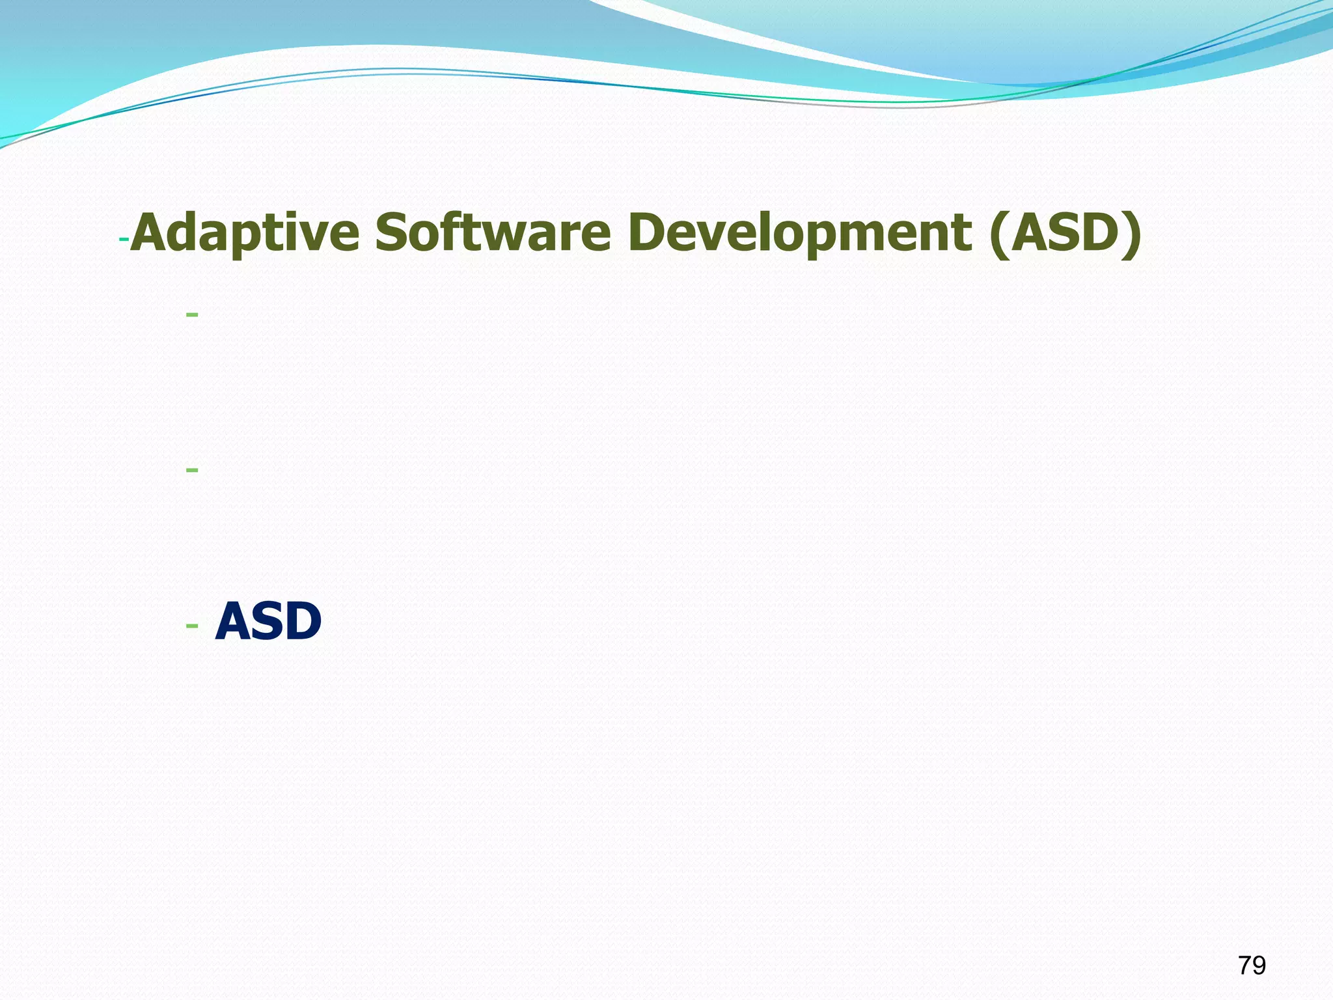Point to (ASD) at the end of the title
click(x=1065, y=233)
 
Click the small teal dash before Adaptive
click(x=124, y=240)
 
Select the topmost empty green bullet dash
click(x=191, y=315)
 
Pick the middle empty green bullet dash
click(x=191, y=469)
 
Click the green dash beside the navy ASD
click(x=191, y=626)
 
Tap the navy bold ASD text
click(x=268, y=622)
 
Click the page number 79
click(x=1252, y=965)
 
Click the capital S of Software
click(x=392, y=233)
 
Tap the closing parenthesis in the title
click(x=1133, y=234)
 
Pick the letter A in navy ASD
click(x=233, y=622)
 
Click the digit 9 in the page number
click(x=1259, y=965)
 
